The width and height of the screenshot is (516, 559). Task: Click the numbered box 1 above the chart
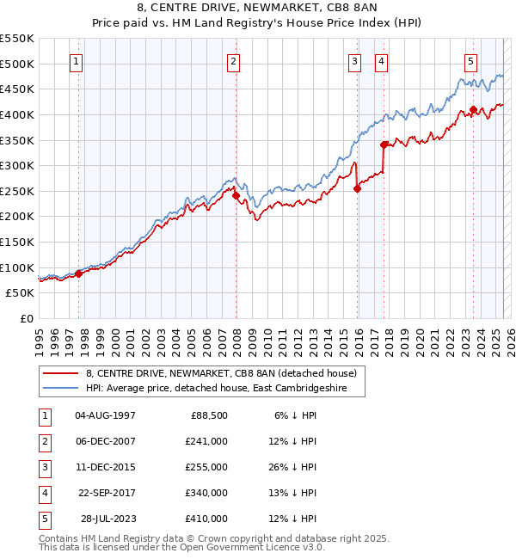(77, 61)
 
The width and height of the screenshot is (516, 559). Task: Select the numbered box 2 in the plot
(234, 61)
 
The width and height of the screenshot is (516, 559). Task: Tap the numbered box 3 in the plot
(354, 61)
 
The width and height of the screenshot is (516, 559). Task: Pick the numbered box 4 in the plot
(380, 61)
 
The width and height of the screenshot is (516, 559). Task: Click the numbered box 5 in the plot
(471, 61)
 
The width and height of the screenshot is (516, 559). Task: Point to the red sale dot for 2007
(236, 195)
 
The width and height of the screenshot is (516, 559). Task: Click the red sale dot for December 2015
(357, 189)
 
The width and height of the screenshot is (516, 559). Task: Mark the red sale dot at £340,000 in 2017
(384, 145)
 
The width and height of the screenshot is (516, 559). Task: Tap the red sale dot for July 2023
(473, 109)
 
